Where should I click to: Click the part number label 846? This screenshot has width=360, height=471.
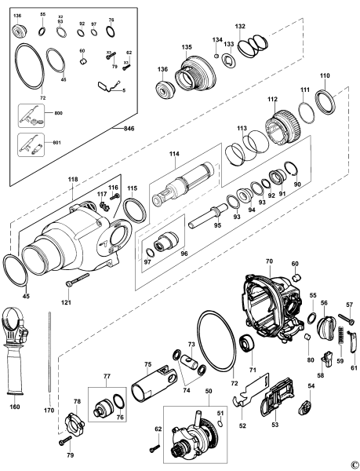pos(129,129)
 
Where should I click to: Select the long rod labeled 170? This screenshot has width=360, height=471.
pos(49,352)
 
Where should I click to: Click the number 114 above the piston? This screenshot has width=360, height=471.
pos(174,154)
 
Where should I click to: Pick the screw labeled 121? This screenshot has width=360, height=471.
pos(78,279)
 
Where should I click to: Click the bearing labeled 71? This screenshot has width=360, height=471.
pos(247,345)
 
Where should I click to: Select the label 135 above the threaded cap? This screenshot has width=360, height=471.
pos(187,47)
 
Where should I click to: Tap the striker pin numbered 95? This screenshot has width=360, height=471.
pos(209,216)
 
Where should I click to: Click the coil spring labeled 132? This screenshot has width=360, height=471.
pos(253,45)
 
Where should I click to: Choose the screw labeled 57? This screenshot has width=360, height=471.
pos(346,319)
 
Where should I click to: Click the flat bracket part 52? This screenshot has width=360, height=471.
pos(251,390)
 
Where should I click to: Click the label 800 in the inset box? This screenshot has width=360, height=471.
pos(59,113)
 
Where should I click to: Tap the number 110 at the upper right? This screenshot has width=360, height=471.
pos(325,75)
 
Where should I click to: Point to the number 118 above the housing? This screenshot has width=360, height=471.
pos(73,179)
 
